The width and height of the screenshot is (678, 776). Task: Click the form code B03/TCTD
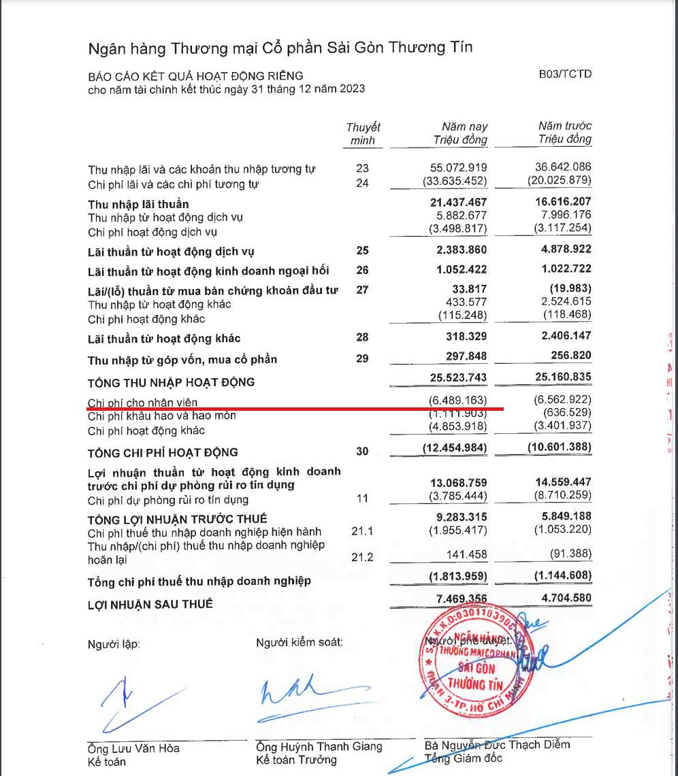[565, 73]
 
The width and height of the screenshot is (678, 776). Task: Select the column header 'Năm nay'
[464, 126]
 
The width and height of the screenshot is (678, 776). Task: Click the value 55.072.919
[461, 167]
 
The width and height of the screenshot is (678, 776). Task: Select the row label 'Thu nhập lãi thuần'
[138, 204]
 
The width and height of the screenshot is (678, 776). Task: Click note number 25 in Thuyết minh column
[362, 251]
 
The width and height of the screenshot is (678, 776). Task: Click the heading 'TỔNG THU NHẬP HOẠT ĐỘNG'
[171, 382]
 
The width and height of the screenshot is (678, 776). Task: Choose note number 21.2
[362, 558]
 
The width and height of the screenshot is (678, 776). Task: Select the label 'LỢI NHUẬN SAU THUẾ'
[150, 604]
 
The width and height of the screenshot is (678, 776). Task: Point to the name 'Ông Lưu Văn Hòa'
[133, 748]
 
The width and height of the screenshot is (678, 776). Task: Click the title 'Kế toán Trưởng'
[296, 760]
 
